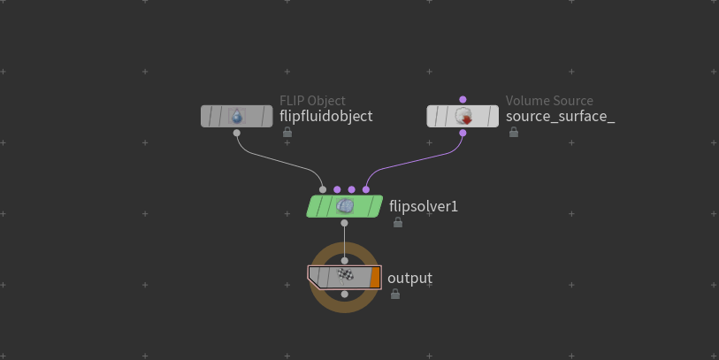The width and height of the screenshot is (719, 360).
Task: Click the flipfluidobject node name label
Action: click(x=326, y=117)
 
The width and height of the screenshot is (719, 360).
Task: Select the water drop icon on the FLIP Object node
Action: click(x=237, y=116)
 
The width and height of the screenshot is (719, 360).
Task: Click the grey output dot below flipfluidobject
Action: click(x=237, y=133)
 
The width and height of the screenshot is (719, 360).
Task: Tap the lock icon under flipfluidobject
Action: click(x=287, y=132)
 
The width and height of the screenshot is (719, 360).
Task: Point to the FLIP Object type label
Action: click(x=313, y=101)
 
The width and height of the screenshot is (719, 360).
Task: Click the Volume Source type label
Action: click(x=549, y=101)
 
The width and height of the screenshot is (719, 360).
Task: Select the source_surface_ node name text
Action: click(x=561, y=117)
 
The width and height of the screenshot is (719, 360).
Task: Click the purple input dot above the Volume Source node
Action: click(x=463, y=100)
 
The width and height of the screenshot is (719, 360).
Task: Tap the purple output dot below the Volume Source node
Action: click(x=463, y=133)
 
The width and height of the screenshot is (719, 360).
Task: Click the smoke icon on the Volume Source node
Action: click(x=463, y=116)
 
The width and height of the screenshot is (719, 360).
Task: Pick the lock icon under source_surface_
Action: click(x=514, y=132)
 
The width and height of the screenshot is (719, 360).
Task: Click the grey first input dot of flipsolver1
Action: click(x=323, y=189)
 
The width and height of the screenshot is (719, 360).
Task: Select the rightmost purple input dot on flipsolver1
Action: click(x=366, y=189)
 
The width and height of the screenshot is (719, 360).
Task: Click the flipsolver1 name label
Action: click(x=424, y=206)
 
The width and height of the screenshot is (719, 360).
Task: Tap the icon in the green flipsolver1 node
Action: click(x=345, y=206)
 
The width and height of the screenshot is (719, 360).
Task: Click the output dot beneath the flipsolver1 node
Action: click(x=344, y=223)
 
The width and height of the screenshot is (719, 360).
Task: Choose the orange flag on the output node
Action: click(x=375, y=278)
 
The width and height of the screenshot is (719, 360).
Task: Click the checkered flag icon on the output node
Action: click(x=345, y=276)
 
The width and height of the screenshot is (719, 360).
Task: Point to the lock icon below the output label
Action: click(x=395, y=294)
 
